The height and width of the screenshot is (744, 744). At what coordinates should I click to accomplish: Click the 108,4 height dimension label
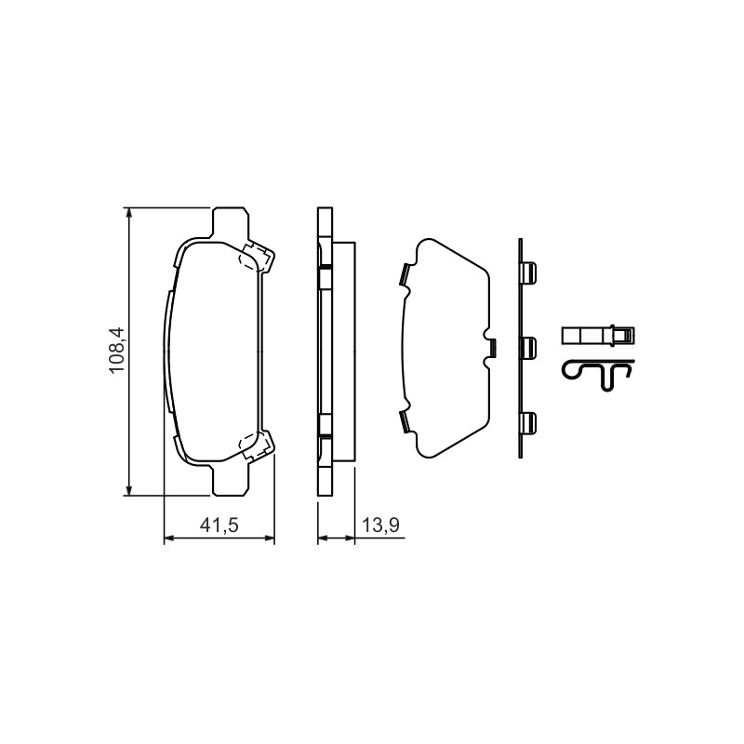pos(116,351)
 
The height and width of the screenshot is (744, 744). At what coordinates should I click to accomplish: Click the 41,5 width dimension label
pos(219,525)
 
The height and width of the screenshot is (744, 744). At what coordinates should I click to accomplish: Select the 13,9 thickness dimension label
pos(380,525)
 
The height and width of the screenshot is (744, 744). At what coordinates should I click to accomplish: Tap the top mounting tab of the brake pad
pos(230,223)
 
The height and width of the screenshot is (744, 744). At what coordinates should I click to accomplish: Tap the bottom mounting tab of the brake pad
pos(230,480)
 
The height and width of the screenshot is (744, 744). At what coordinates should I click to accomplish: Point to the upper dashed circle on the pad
pos(247,259)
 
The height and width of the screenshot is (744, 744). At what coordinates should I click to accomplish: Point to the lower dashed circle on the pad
pos(247,444)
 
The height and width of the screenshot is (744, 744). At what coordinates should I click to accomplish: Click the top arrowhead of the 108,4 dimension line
pos(127,213)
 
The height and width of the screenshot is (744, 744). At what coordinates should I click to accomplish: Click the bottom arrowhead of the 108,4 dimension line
pos(127,490)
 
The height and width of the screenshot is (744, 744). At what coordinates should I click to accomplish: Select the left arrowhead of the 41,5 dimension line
pos(169,538)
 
